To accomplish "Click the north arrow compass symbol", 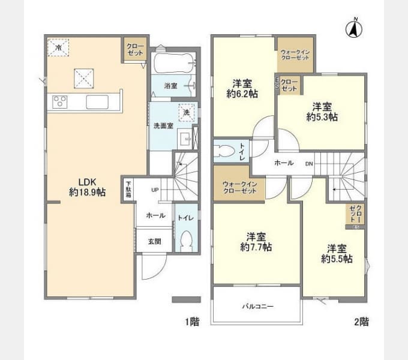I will [x=355, y=28].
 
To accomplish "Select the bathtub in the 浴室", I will [x=172, y=62].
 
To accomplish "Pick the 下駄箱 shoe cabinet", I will [x=128, y=189].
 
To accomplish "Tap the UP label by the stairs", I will [x=155, y=190].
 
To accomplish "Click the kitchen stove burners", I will [x=60, y=102].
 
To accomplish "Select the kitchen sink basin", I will [x=96, y=102].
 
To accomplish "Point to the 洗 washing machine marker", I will [x=186, y=112].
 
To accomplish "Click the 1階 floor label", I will [x=191, y=322].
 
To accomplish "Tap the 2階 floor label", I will [x=361, y=322].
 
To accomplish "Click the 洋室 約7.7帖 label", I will [x=256, y=241].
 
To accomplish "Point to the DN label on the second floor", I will [x=308, y=163].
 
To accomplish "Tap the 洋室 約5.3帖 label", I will [x=322, y=112].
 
